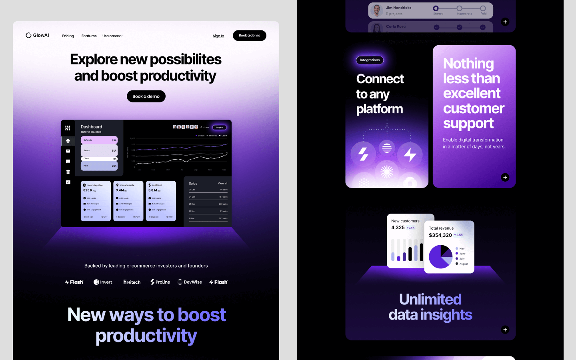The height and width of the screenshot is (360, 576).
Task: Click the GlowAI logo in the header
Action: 37,35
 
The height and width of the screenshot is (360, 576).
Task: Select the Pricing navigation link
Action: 68,36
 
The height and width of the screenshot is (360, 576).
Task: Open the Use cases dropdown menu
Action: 112,36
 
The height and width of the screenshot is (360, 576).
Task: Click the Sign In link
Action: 218,36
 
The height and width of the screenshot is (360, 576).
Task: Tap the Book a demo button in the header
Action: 250,36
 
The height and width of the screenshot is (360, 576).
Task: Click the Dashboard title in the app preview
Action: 91,127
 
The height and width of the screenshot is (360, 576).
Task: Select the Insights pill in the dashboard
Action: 220,127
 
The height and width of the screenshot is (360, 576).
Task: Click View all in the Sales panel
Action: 222,183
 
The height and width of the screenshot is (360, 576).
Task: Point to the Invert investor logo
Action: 103,282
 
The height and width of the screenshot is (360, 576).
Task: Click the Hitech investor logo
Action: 132,282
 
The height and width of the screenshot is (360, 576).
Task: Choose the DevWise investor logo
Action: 190,282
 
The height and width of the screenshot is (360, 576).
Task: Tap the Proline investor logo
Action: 160,282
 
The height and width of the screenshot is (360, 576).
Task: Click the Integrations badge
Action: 370,60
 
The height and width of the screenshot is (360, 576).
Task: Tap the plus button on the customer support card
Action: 505,177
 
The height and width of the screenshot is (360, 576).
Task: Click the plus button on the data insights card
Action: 505,330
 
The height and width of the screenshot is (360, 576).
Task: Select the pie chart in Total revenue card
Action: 440,257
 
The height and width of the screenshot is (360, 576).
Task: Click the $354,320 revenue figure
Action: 440,235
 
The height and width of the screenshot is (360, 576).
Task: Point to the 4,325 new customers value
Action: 398,228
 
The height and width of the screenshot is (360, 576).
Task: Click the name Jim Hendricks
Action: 398,8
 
